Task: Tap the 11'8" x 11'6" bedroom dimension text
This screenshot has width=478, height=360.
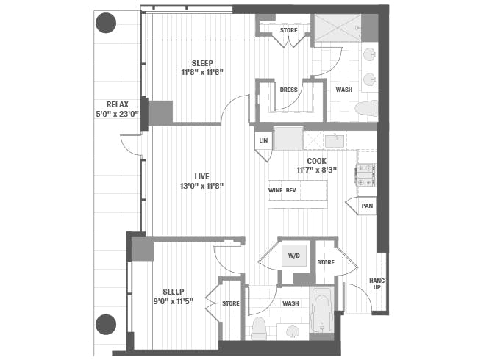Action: [x=197, y=72]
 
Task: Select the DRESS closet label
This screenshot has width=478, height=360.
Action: [x=288, y=90]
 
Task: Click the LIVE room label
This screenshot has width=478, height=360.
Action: [x=201, y=176]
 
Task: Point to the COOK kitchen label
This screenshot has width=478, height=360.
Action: [x=317, y=160]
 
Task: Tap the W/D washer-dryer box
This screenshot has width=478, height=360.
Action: [x=294, y=256]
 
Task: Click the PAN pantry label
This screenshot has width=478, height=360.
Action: [x=367, y=206]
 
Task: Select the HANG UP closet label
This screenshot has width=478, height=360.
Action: [x=377, y=284]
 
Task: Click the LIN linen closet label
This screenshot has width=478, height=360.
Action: [x=263, y=140]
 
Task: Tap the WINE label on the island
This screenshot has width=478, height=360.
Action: [x=276, y=190]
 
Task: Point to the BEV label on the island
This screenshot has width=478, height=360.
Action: [x=292, y=190]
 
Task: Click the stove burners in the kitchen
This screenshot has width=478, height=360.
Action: [x=365, y=174]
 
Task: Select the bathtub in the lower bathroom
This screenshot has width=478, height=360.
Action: [x=322, y=311]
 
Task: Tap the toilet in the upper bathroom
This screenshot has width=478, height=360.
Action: [x=365, y=109]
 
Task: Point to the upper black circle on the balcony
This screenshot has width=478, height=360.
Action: [x=107, y=23]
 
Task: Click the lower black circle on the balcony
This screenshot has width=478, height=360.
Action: [x=107, y=323]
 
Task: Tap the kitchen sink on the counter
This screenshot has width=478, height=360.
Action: [x=335, y=140]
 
